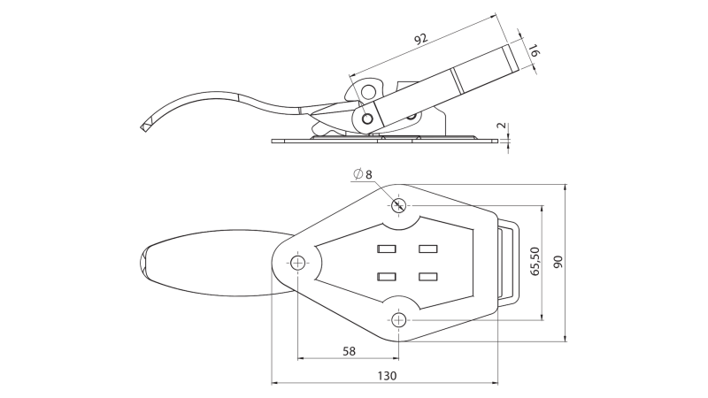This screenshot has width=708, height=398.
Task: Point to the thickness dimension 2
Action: pyautogui.click(x=502, y=126)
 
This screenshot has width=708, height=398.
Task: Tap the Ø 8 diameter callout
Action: pyautogui.click(x=362, y=175)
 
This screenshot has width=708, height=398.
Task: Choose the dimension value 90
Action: pyautogui.click(x=559, y=263)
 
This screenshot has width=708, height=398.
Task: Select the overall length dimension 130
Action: pyautogui.click(x=386, y=376)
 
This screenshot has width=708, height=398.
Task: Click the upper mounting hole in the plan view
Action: pyautogui.click(x=398, y=206)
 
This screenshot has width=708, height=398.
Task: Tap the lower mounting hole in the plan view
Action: pyautogui.click(x=399, y=318)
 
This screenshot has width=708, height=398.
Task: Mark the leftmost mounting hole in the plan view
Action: pyautogui.click(x=298, y=263)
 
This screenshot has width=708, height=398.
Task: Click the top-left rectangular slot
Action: pyautogui.click(x=386, y=248)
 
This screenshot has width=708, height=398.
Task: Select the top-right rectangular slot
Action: pyautogui.click(x=428, y=248)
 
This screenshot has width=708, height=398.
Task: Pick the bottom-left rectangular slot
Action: pyautogui.click(x=386, y=277)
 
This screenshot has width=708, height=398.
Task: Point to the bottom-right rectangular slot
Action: pyautogui.click(x=428, y=277)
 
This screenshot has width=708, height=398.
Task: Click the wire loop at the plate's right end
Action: pyautogui.click(x=508, y=263)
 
